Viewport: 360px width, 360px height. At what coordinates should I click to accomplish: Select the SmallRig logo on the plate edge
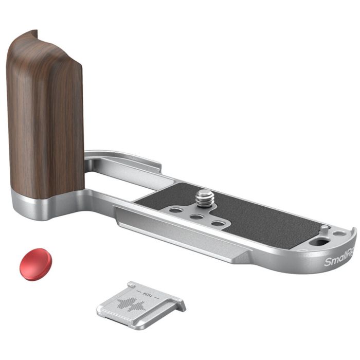[340, 261]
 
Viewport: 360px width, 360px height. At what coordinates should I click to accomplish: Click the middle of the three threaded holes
[195, 216]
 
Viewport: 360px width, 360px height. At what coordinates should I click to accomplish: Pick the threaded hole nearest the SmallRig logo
[219, 224]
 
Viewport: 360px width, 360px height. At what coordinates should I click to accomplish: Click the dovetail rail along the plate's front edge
[180, 231]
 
